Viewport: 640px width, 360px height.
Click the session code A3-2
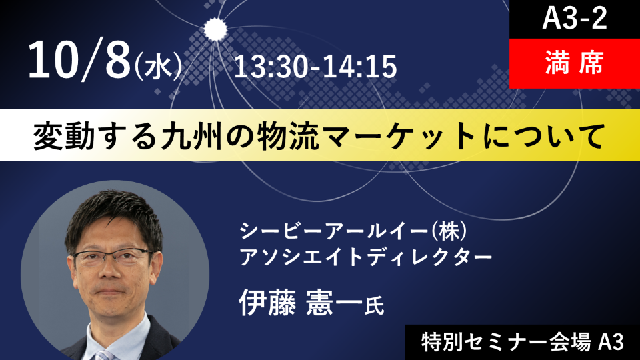pyautogui.click(x=574, y=19)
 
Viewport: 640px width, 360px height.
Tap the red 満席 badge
pyautogui.click(x=574, y=64)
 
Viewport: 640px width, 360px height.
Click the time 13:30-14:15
pyautogui.click(x=315, y=67)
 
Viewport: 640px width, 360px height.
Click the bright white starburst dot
pyautogui.click(x=215, y=29)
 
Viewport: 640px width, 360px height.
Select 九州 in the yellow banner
pyautogui.click(x=192, y=136)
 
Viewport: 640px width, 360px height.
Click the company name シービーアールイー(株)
pyautogui.click(x=353, y=231)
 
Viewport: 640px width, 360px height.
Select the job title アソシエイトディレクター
pyautogui.click(x=366, y=257)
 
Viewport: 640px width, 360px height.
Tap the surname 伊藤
pyautogui.click(x=268, y=303)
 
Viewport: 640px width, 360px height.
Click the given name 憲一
pyautogui.click(x=334, y=303)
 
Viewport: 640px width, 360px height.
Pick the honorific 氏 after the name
pyautogui.click(x=374, y=306)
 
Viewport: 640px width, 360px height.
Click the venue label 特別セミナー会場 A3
pyautogui.click(x=523, y=342)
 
